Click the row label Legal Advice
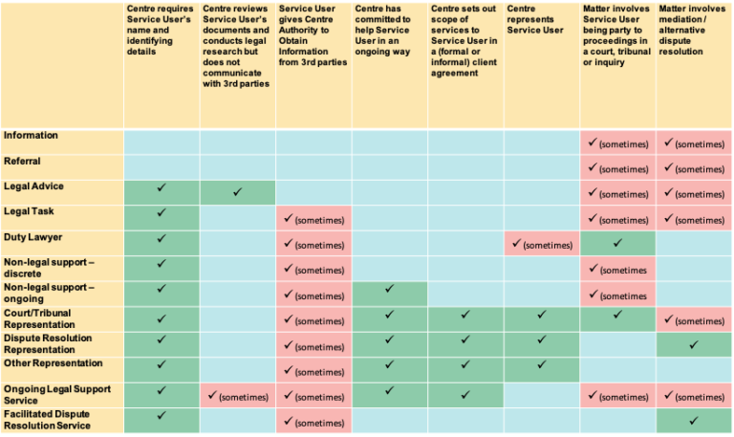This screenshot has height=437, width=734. (35, 186)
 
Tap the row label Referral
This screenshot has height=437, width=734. (24, 162)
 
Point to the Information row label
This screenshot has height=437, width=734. (31, 136)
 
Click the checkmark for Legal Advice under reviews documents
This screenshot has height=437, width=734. (237, 193)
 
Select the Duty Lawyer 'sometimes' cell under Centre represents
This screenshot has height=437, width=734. (541, 245)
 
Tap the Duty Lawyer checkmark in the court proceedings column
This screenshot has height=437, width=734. (617, 244)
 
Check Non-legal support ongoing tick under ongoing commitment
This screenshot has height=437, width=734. (389, 288)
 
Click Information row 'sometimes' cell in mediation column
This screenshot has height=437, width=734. (694, 143)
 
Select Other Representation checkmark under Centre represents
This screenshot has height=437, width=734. (541, 364)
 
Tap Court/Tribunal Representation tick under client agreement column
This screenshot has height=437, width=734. (464, 314)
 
